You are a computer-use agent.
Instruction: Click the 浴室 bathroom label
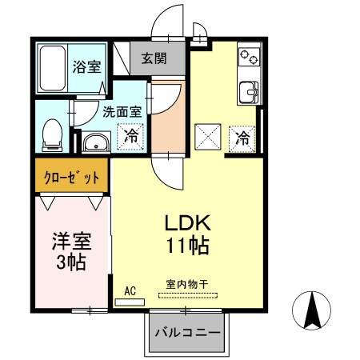click(88, 67)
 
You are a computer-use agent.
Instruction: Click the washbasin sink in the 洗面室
click(94, 143)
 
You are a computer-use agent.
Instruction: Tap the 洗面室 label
click(122, 113)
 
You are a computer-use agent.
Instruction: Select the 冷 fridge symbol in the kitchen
click(242, 138)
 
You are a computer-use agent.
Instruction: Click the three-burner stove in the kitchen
click(249, 58)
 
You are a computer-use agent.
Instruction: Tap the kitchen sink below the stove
click(249, 93)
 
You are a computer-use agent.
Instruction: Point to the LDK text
click(188, 222)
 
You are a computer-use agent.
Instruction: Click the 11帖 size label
click(188, 246)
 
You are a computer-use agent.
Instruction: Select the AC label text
click(131, 291)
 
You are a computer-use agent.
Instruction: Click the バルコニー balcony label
click(188, 332)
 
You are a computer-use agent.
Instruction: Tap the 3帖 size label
click(70, 262)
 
